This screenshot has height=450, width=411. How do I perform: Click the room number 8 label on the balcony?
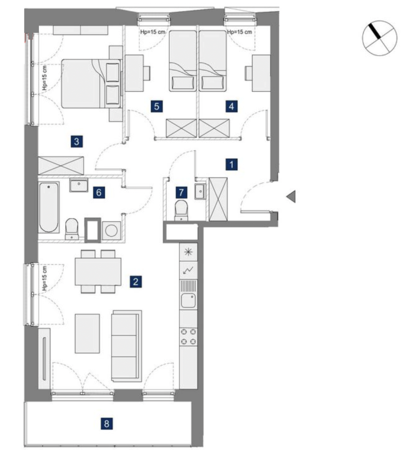107,423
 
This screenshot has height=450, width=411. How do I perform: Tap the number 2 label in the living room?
136,281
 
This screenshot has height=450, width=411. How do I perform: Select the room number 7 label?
181,192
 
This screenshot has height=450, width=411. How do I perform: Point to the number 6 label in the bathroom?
99,193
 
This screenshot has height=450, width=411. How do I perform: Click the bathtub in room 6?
49,207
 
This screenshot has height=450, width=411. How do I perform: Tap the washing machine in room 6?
111,231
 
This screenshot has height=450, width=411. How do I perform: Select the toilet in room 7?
181,210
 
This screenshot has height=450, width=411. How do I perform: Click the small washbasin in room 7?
200,191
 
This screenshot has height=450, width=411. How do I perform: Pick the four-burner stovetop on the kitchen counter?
188,336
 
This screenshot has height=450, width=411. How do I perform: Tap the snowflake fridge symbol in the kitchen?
188,252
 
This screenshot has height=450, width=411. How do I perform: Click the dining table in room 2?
98,272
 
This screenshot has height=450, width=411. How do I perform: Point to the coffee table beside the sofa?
87,333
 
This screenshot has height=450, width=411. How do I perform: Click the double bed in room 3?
91,83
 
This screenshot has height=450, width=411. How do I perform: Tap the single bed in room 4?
212,61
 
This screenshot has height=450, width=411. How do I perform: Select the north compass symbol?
379,38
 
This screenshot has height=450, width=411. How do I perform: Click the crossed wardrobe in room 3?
61,166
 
